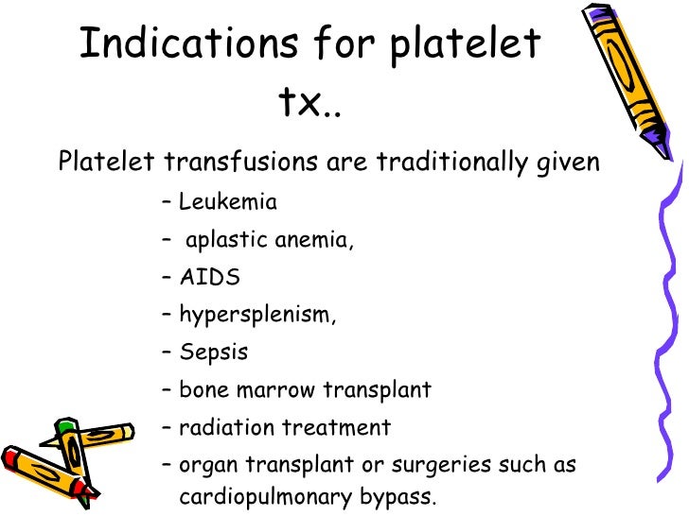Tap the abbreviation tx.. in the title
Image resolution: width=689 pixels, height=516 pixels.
coord(309,104)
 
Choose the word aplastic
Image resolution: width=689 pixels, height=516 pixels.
coord(225,240)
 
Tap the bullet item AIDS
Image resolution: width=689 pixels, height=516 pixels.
coord(209,278)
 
